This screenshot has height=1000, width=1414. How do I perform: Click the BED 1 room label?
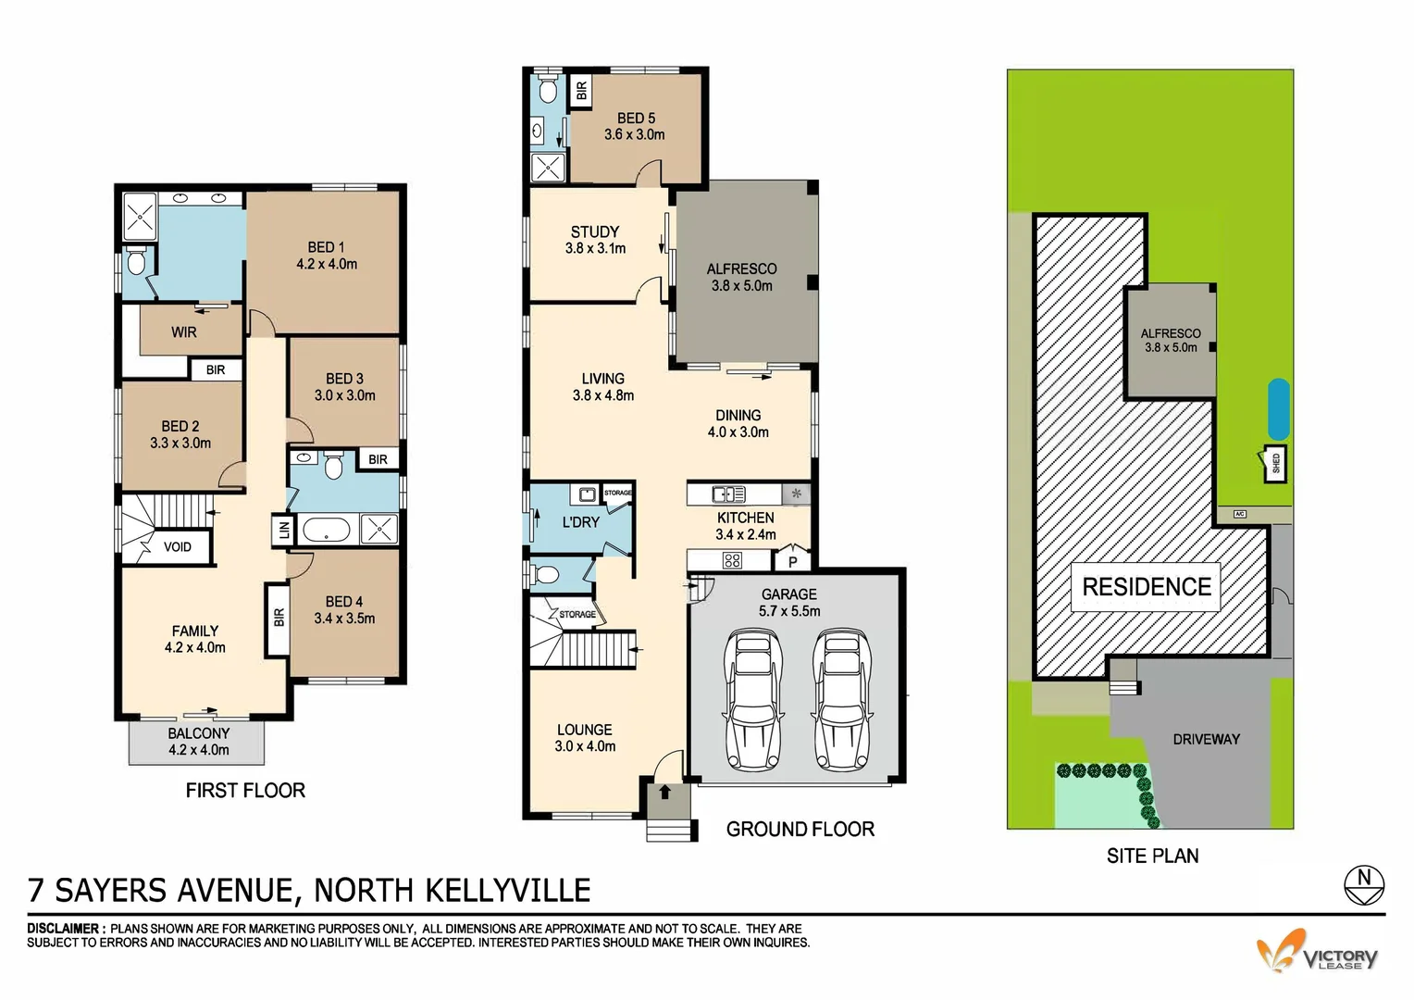326,247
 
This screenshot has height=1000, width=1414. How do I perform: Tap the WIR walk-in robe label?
183,332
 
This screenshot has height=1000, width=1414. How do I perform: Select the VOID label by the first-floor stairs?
177,547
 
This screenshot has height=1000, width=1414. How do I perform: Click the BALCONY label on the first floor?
198,733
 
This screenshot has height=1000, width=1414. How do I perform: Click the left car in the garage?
755,699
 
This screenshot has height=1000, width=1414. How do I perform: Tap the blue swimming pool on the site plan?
1278,409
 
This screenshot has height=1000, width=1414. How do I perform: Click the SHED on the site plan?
1275,464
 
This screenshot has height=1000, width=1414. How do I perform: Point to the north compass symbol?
1363,883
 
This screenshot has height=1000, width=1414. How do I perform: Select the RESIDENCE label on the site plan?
1146,587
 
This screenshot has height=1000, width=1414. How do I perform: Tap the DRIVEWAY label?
1206,739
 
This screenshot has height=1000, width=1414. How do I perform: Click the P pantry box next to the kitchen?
792,561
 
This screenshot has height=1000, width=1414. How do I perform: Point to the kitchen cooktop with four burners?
732,560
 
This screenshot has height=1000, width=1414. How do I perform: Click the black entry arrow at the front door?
664,792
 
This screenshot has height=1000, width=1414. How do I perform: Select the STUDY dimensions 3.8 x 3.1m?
595,248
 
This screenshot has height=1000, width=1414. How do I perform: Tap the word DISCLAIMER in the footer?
63,929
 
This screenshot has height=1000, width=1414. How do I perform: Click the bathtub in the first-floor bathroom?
326,531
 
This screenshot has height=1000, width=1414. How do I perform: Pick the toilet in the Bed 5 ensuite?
547,92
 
